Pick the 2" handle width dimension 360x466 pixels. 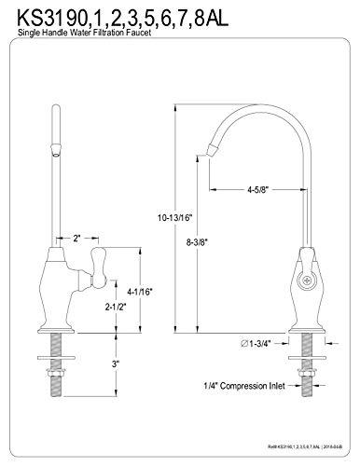pyautogui.click(x=81, y=238)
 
